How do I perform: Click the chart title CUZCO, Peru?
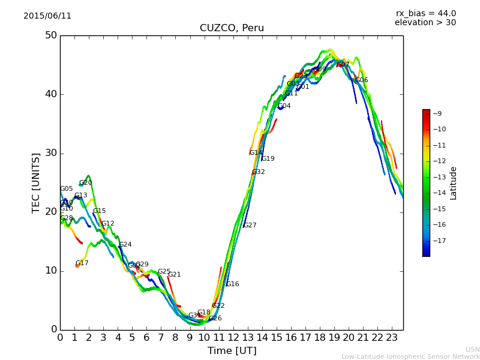[232, 28]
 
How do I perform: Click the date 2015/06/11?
[47, 16]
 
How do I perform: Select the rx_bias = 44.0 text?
[425, 14]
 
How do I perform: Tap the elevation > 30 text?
[425, 23]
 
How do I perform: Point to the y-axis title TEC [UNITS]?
[37, 182]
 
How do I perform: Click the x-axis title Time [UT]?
[232, 351]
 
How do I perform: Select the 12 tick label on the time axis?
[233, 338]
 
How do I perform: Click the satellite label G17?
[82, 263]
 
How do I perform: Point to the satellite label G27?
[250, 226]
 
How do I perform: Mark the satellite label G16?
[233, 284]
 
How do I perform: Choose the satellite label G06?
[362, 80]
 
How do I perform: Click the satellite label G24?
[125, 245]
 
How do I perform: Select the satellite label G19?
[268, 159]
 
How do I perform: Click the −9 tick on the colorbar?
[438, 113]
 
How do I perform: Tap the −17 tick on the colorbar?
[438, 241]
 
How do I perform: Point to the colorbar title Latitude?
[454, 183]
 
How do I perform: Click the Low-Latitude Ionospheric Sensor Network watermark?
[410, 357]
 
